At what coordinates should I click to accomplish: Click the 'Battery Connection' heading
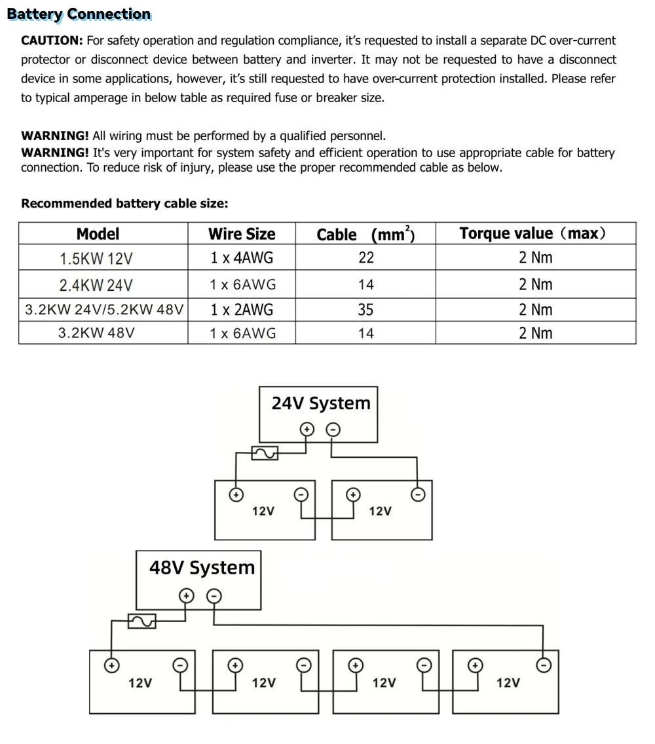79,14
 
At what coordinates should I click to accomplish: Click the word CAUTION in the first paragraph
52,41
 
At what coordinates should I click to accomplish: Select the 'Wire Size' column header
242,234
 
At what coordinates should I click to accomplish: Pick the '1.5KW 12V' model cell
96,259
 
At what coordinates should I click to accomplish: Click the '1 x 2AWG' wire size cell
242,310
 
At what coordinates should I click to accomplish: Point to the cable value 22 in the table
365,258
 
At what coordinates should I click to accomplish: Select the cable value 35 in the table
365,310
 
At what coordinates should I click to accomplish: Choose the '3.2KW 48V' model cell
96,333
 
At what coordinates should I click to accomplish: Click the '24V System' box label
321,403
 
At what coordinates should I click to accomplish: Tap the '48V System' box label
202,568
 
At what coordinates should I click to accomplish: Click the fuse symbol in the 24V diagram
265,453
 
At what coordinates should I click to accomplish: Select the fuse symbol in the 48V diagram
141,621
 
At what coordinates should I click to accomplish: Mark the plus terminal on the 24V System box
307,430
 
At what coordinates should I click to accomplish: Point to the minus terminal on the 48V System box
214,596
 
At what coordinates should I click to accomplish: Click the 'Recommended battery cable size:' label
124,204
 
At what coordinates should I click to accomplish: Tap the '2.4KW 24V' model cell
96,285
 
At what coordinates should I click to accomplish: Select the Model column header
98,234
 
